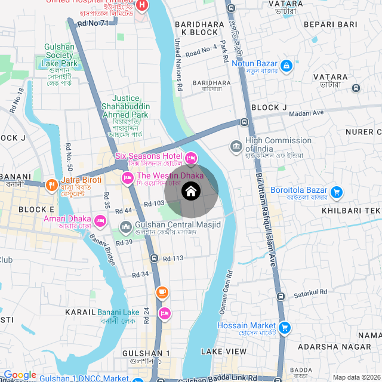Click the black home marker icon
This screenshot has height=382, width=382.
click(191, 192)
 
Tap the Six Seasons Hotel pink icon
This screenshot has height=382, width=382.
click(191, 158)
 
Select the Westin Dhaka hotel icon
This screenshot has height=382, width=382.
click(127, 178)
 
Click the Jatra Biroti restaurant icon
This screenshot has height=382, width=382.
click(53, 185)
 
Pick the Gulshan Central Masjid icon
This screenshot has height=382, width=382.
click(126, 227)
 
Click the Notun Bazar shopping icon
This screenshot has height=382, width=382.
click(286, 64)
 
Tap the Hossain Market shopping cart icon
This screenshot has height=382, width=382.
click(285, 327)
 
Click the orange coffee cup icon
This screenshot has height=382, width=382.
click(162, 292)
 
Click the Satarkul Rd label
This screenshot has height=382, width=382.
click(310, 293)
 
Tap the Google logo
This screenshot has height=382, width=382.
click(20, 375)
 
